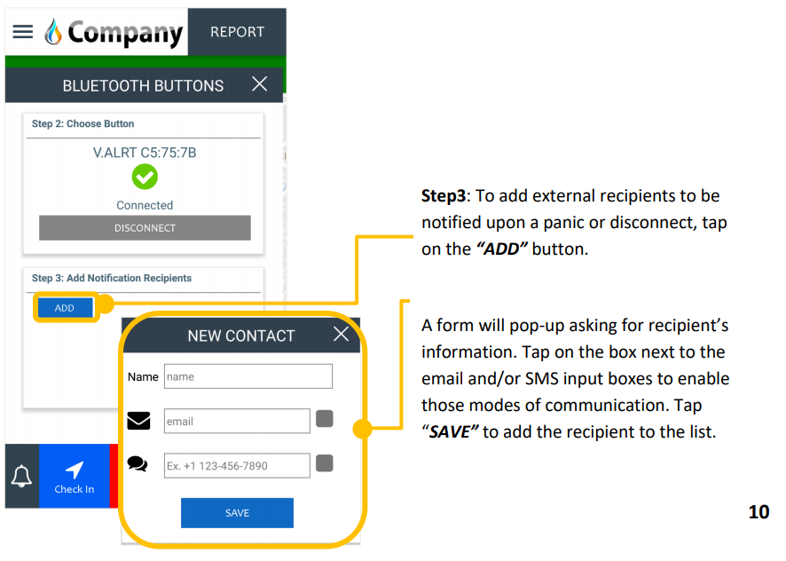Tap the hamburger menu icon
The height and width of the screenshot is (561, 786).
click(x=23, y=32)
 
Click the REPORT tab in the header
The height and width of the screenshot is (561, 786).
click(x=237, y=32)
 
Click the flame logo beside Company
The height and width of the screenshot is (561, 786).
click(x=54, y=33)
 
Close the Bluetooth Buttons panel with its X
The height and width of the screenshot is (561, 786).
click(x=259, y=84)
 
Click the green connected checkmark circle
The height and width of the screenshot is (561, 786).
click(x=145, y=178)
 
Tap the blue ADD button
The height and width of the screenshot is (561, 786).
click(x=65, y=308)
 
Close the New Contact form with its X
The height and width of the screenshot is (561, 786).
click(x=342, y=335)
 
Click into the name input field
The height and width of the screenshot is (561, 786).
click(x=248, y=376)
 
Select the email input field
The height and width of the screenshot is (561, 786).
click(x=237, y=421)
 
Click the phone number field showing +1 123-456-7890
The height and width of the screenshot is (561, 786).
click(x=237, y=465)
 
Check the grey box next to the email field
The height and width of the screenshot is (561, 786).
click(x=325, y=419)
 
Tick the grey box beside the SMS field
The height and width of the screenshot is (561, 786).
click(x=325, y=463)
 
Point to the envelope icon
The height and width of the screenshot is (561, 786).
click(x=138, y=421)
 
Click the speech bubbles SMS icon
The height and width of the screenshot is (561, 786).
click(x=138, y=464)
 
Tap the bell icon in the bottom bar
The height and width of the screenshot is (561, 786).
click(x=21, y=477)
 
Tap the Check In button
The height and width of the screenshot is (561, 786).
click(x=75, y=477)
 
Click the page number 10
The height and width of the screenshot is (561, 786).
click(x=758, y=512)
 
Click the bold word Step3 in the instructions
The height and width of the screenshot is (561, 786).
click(x=445, y=195)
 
